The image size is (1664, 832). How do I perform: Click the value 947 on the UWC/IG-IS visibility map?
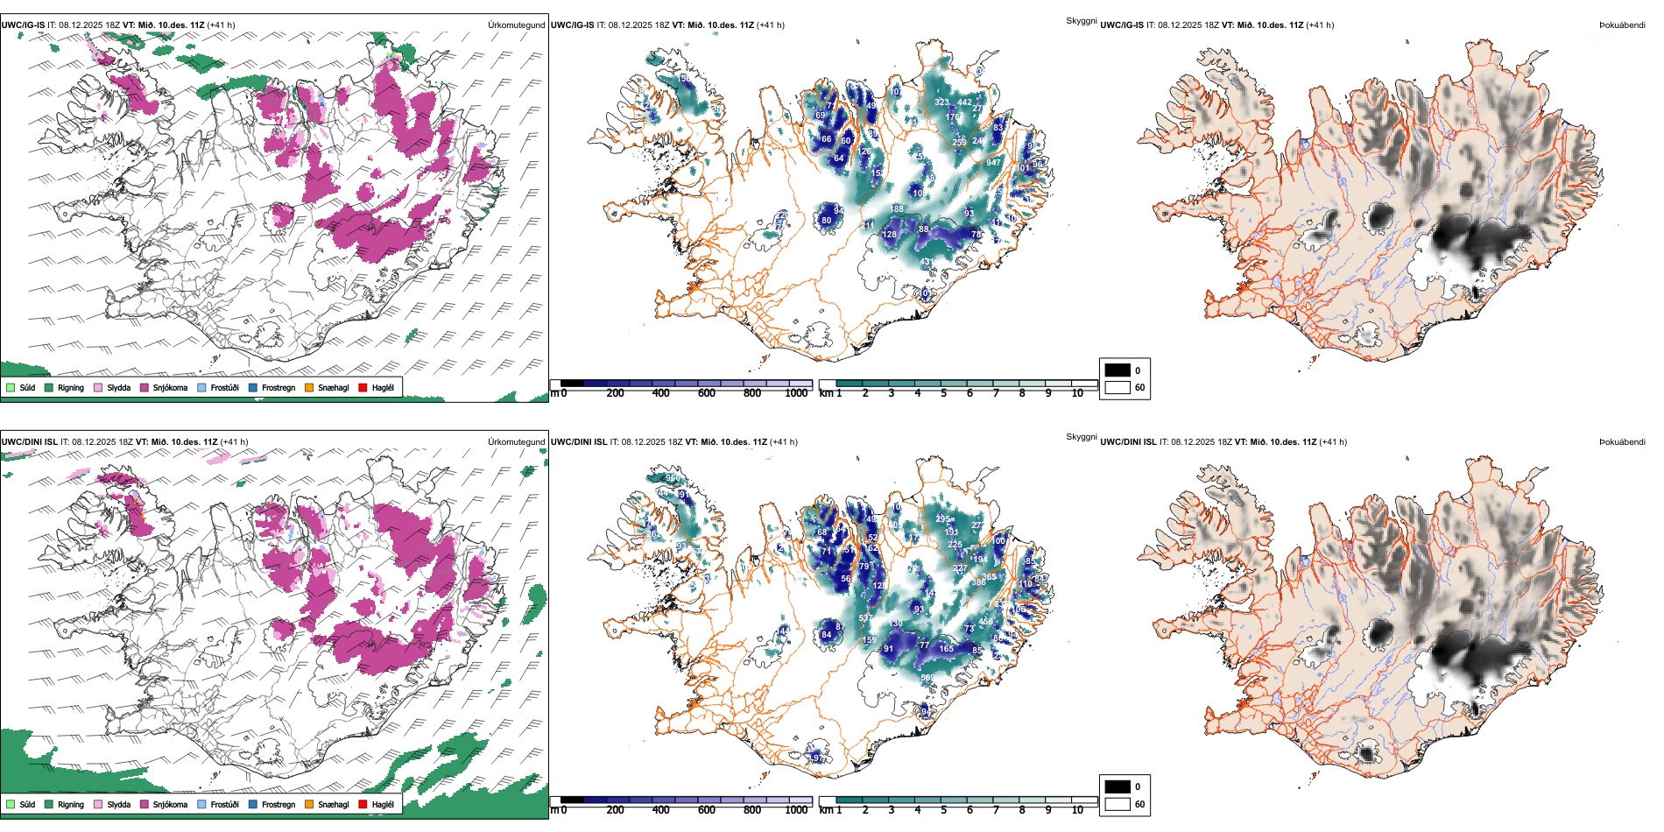992,163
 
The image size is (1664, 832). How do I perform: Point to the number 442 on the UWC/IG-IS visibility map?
964,102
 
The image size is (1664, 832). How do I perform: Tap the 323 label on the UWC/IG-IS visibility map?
941,102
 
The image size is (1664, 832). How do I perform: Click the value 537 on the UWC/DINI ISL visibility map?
865,618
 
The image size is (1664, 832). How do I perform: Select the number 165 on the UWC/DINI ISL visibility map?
946,649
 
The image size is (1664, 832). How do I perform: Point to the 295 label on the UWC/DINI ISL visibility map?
942,519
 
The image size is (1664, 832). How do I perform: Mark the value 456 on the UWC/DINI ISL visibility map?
985,623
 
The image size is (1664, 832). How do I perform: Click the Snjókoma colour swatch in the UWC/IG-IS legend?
144,388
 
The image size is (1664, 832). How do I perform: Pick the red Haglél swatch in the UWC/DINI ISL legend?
363,805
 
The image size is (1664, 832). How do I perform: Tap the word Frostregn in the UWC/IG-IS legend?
279,388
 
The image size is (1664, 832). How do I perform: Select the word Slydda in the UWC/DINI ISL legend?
118,805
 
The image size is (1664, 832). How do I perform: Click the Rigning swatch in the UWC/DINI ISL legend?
49,805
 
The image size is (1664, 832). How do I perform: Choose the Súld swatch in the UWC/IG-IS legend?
11,388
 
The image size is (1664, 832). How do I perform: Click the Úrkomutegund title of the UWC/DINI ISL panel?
516,442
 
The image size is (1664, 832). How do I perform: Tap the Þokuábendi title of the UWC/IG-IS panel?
1622,25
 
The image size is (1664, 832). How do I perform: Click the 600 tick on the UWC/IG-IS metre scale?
707,394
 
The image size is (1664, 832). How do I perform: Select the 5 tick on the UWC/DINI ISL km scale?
943,810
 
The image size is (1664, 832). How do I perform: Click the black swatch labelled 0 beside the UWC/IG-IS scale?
1118,370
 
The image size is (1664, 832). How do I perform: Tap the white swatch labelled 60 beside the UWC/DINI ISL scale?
1118,804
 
